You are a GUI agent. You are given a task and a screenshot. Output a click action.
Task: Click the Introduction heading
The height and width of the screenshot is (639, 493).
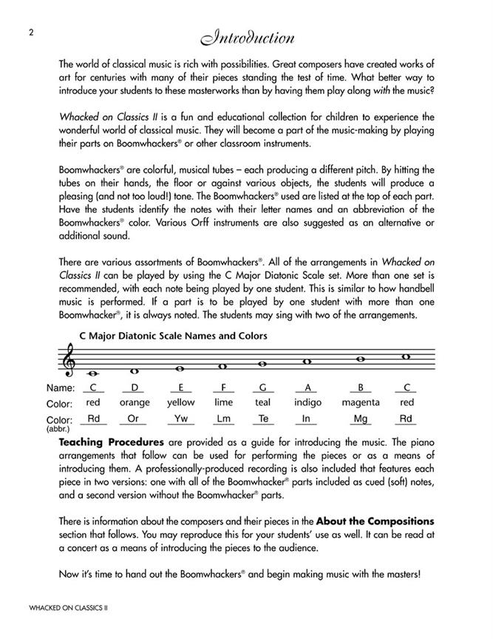246,38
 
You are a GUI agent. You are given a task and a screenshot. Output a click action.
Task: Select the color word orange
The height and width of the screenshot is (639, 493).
135,402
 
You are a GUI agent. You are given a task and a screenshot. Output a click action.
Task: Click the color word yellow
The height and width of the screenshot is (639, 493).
180,402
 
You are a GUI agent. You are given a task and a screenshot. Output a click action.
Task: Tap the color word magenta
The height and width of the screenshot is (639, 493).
360,402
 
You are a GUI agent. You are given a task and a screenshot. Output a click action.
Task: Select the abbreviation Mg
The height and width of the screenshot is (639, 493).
360,419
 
